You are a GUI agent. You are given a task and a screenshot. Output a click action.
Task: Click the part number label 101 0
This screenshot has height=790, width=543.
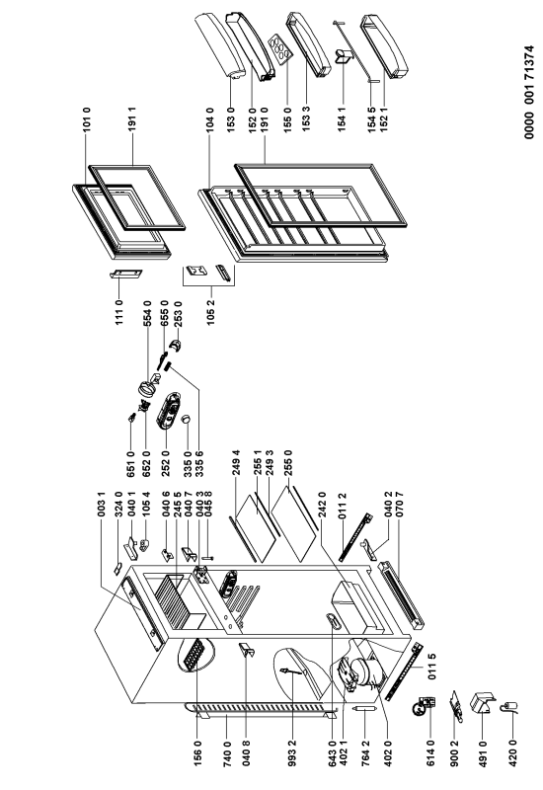click(x=87, y=119)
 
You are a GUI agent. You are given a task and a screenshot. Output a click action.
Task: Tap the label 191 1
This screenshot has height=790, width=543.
click(x=133, y=119)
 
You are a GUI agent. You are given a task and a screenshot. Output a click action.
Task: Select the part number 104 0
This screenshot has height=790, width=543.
click(x=210, y=119)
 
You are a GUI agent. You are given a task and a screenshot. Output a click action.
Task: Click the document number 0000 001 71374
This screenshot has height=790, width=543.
click(x=528, y=92)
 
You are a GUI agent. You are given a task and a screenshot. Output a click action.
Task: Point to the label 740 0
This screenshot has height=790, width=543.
click(x=226, y=752)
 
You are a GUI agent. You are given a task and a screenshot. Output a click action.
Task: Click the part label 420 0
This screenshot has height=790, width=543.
click(x=512, y=752)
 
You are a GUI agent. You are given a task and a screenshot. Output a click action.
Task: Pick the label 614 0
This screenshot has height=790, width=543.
click(x=430, y=752)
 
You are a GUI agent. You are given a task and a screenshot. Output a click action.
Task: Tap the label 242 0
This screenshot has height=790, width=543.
click(x=323, y=505)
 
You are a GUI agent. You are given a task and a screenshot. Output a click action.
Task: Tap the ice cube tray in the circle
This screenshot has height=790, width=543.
click(x=194, y=655)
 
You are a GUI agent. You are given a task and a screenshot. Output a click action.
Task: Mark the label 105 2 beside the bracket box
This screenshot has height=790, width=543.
click(x=210, y=314)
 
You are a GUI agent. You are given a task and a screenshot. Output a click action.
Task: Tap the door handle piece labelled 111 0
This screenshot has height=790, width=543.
click(x=126, y=274)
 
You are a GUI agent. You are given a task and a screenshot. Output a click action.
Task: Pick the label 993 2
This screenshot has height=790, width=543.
click(x=293, y=752)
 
